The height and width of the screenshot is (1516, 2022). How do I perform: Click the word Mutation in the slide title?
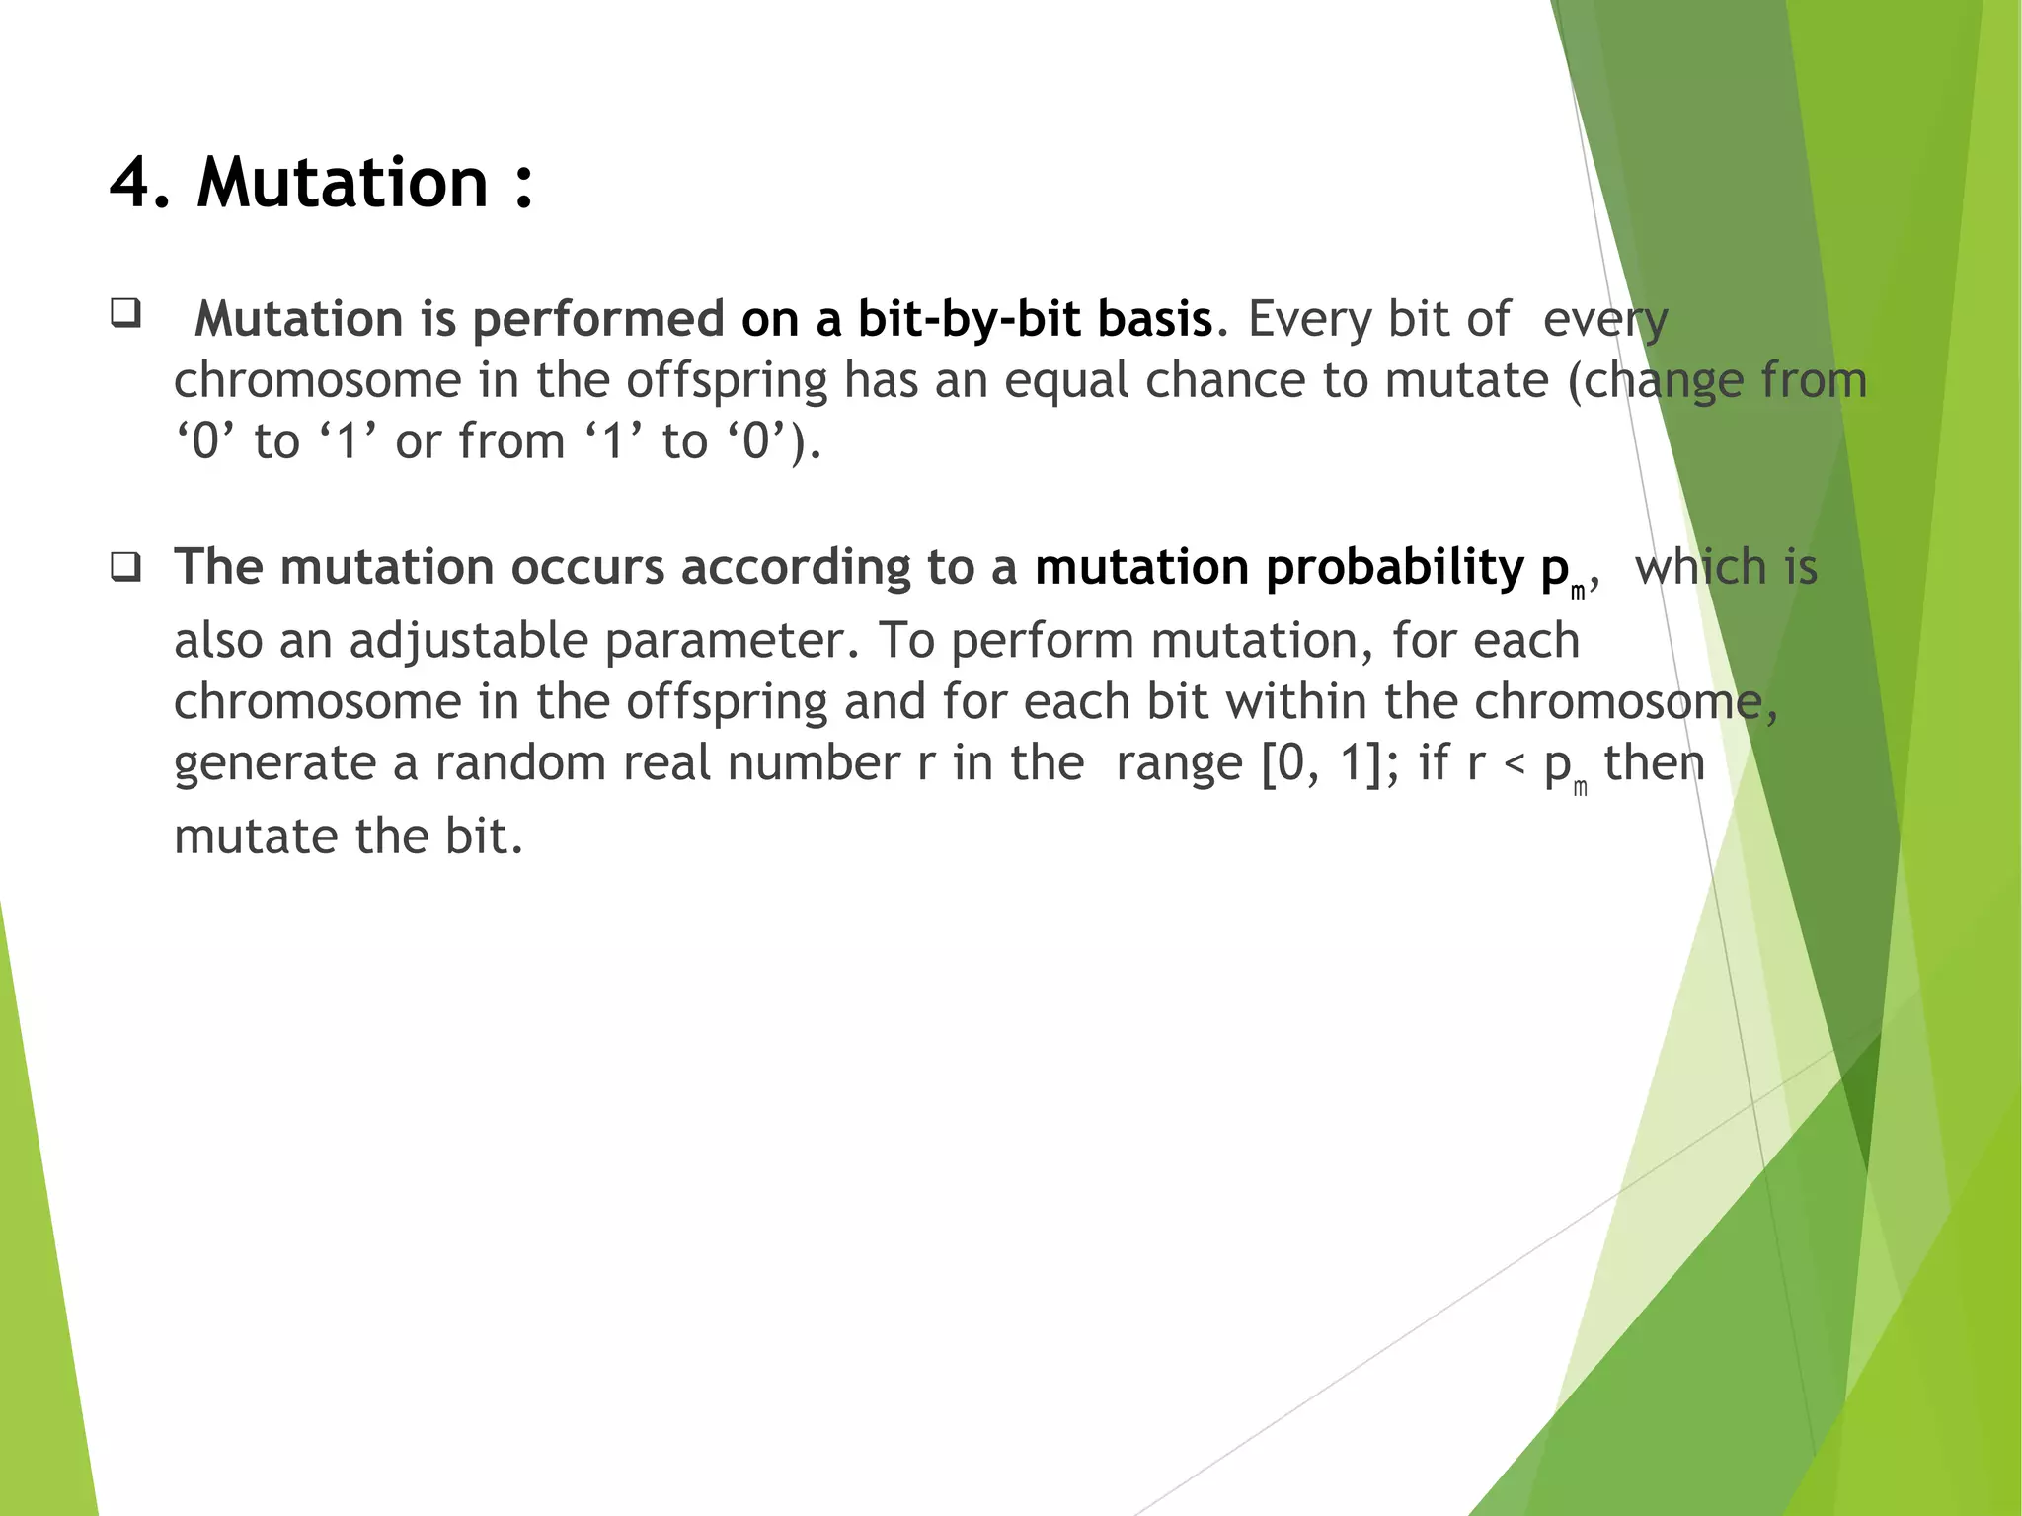(x=342, y=184)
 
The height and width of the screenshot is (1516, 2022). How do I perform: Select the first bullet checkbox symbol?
(x=125, y=313)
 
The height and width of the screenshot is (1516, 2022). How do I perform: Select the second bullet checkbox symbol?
(x=125, y=568)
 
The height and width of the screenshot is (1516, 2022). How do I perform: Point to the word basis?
(x=1154, y=319)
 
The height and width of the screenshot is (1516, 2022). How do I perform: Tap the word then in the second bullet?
(x=1654, y=762)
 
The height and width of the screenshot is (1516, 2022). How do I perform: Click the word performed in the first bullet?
(x=598, y=319)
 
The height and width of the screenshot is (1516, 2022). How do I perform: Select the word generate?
(x=273, y=764)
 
